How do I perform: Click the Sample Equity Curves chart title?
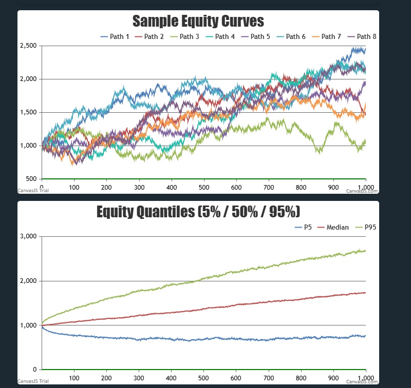pyautogui.click(x=198, y=21)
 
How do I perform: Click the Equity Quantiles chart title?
pyautogui.click(x=198, y=212)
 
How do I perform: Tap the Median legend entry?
pyautogui.click(x=334, y=227)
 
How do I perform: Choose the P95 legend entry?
pyautogui.click(x=369, y=227)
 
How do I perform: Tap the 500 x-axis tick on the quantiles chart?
pyautogui.click(x=203, y=378)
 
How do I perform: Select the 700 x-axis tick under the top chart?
pyautogui.click(x=269, y=188)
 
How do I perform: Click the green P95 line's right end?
pyautogui.click(x=365, y=251)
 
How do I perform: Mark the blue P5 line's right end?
pyautogui.click(x=365, y=336)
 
